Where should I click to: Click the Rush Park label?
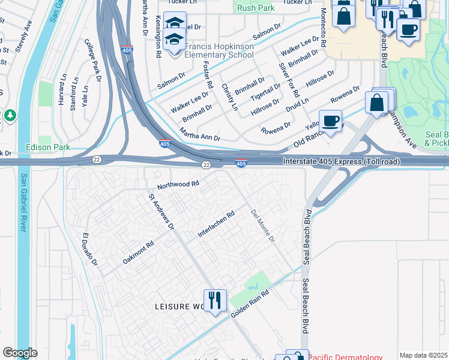coord(256,8)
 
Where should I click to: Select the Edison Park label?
coord(48,147)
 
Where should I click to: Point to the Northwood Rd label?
coord(178,186)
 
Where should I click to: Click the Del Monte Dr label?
coord(262,226)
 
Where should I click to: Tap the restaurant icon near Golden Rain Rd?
coord(215,300)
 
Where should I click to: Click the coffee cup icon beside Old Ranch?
coord(330,121)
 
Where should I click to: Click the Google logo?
coord(20,352)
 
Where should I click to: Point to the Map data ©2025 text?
coord(423,355)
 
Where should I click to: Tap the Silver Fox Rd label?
coord(289,80)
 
